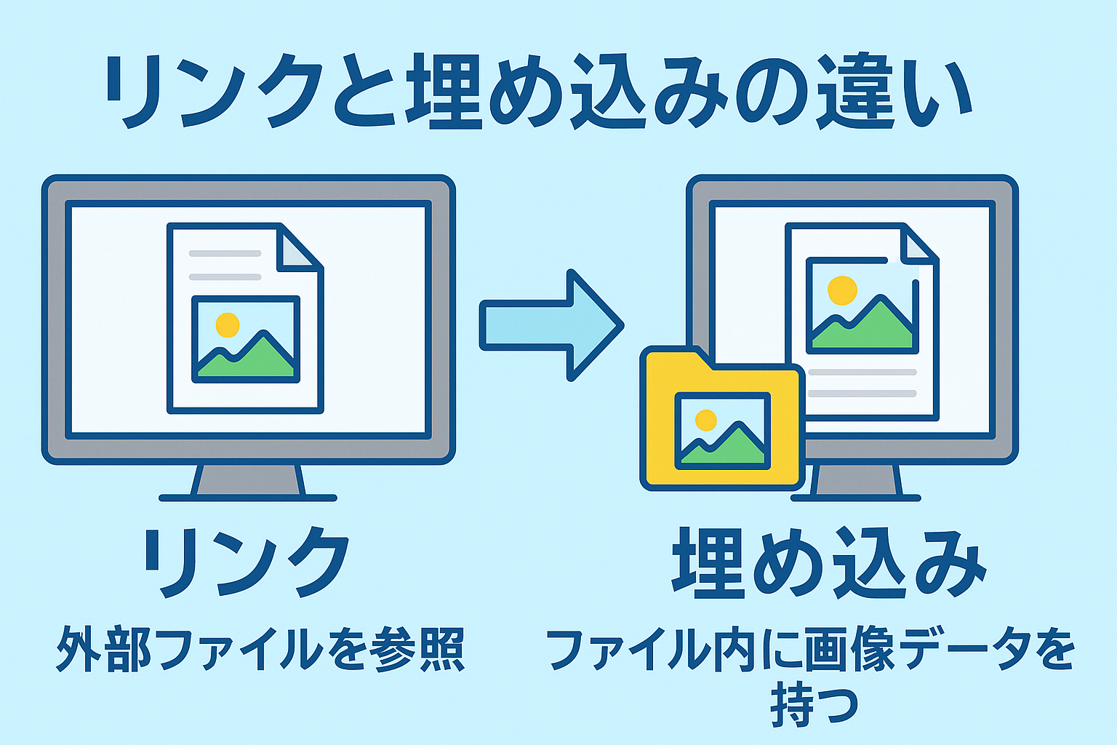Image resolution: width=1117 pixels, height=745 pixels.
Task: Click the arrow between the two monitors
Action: (x=551, y=325)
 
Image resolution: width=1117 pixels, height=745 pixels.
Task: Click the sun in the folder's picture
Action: (x=705, y=421)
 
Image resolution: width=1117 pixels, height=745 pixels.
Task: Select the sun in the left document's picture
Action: (x=228, y=325)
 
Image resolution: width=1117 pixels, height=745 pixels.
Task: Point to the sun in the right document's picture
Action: (x=842, y=290)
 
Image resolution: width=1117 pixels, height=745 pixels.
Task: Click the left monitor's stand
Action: (x=248, y=482)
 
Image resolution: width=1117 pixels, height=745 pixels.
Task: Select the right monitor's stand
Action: (x=856, y=482)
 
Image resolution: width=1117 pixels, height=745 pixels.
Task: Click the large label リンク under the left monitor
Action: (x=247, y=562)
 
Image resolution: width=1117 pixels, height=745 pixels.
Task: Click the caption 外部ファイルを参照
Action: (x=261, y=650)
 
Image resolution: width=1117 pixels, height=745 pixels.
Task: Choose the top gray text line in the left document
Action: (x=225, y=253)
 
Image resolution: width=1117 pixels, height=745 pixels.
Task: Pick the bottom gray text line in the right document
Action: (x=862, y=394)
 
